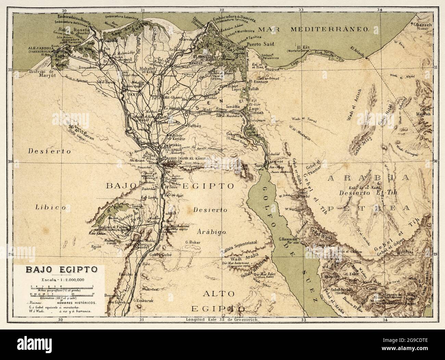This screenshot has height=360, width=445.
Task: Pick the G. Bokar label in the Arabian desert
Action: (x=192, y=242)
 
